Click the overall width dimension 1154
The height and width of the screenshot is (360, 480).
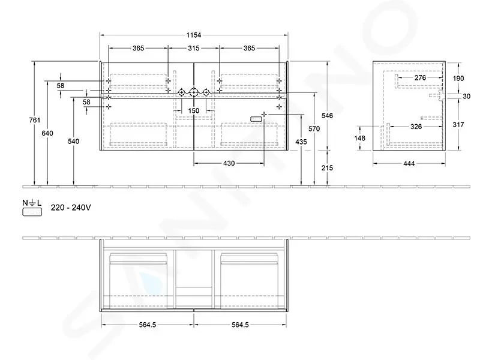194,35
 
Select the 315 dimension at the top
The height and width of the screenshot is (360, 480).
194,48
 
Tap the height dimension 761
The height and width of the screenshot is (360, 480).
35,120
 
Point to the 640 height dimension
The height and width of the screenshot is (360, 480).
47,133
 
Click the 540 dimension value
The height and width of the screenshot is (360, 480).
73,141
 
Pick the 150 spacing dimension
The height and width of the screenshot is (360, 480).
194,110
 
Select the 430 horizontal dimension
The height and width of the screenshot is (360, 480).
229,163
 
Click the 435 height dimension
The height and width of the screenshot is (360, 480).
301,142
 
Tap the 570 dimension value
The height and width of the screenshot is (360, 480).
314,128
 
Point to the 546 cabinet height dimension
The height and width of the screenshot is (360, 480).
327,115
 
